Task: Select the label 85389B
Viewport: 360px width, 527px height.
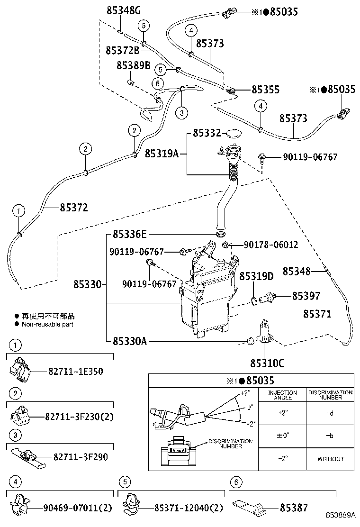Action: (x=133, y=65)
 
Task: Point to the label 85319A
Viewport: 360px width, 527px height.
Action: (x=162, y=153)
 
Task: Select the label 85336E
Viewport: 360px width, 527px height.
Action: (x=130, y=234)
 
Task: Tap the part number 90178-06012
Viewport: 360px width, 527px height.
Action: (x=271, y=245)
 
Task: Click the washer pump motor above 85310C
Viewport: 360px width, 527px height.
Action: (x=263, y=332)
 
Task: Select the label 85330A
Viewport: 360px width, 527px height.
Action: (x=129, y=341)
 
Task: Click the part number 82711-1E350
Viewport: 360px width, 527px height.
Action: (x=75, y=372)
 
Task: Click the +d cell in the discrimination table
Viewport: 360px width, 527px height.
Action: (x=330, y=413)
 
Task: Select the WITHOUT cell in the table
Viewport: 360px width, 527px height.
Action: (x=330, y=459)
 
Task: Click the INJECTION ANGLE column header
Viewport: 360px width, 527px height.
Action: (x=283, y=395)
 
